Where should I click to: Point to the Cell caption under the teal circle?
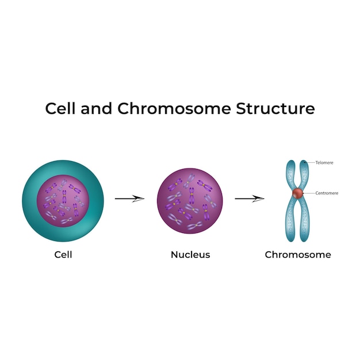[63, 254]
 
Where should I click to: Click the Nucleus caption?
[190, 254]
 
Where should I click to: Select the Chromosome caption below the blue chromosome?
[298, 254]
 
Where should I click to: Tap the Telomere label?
[324, 163]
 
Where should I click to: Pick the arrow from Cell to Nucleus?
[129, 198]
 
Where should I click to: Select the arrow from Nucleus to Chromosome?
[249, 198]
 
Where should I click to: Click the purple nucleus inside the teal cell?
[63, 199]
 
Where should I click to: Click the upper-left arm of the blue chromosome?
[291, 173]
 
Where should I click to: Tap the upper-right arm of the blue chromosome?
[305, 173]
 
